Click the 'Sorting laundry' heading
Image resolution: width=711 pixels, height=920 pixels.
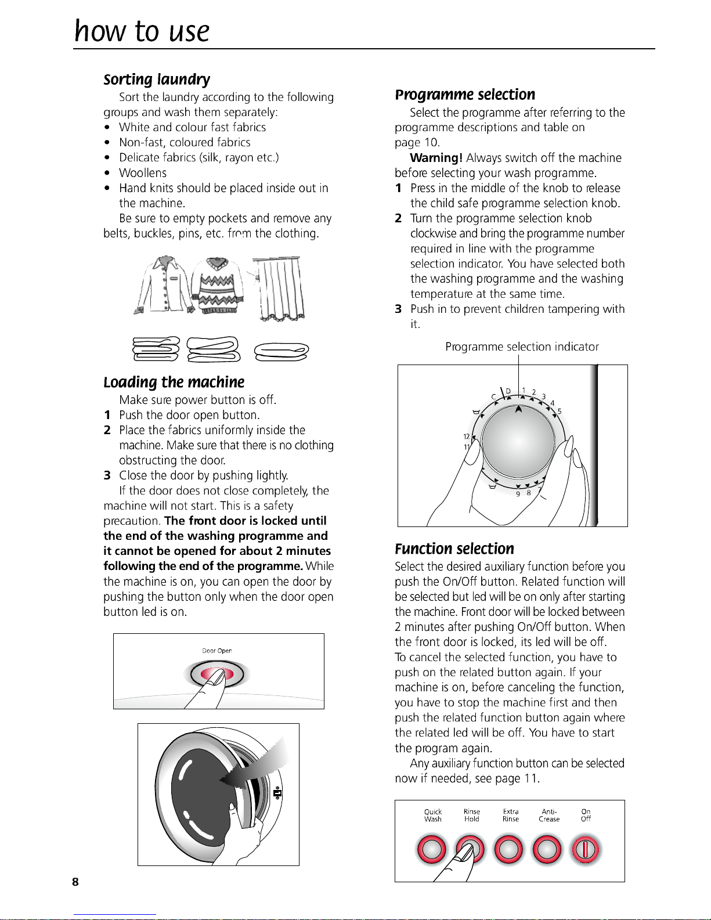tap(157, 80)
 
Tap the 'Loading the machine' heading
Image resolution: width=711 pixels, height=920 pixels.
tap(174, 382)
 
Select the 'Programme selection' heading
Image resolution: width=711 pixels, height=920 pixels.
tap(465, 95)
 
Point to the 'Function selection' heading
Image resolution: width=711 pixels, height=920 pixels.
tap(454, 549)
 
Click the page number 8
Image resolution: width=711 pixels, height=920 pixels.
tap(75, 882)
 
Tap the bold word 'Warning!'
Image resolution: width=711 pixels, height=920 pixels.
tap(436, 158)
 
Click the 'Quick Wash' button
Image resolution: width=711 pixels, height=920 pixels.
tap(432, 850)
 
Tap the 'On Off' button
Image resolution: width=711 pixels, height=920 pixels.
tap(586, 850)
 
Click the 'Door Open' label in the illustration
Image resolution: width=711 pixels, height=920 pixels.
tap(217, 651)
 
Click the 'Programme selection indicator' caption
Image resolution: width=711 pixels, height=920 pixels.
tap(522, 347)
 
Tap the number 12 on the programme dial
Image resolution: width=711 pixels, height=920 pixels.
tap(466, 436)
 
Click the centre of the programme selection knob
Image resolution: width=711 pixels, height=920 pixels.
tap(518, 439)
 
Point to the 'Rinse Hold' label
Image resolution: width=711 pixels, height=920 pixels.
tap(472, 816)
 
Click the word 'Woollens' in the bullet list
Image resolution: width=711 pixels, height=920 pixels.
tap(143, 173)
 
